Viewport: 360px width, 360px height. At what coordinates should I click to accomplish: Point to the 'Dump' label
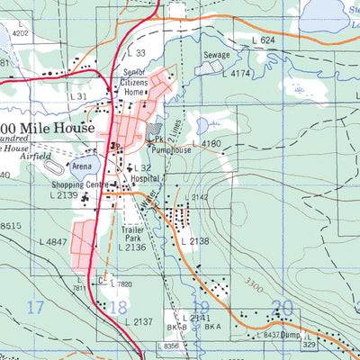289,335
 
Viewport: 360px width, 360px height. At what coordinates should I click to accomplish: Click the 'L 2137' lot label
140,321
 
